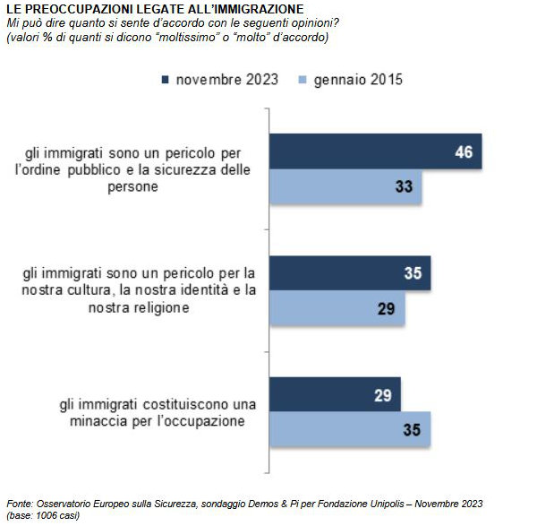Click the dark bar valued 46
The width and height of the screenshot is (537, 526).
tap(376, 151)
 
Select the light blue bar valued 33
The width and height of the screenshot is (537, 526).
tap(345, 187)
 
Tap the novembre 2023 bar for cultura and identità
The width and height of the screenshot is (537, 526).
tap(350, 272)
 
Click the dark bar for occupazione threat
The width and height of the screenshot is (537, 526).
tap(335, 394)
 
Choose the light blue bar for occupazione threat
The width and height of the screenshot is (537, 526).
tap(350, 429)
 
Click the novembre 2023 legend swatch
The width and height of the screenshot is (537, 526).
tap(166, 80)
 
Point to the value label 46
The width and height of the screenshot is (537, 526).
tap(464, 151)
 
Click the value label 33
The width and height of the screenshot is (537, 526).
tap(403, 187)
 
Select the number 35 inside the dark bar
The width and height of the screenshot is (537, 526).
tap(412, 272)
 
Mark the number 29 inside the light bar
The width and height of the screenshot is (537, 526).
tap(387, 308)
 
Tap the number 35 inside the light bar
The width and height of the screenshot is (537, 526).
tap(412, 429)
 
